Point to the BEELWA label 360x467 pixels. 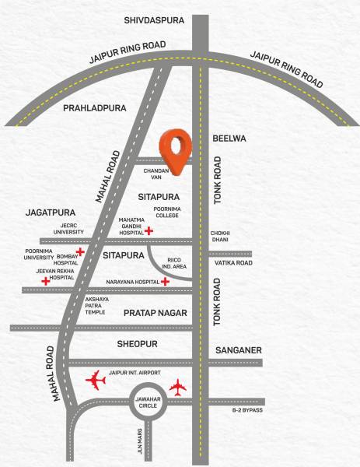[229, 138]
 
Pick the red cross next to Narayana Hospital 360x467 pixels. [166, 281]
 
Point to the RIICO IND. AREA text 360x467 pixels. [167, 265]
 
